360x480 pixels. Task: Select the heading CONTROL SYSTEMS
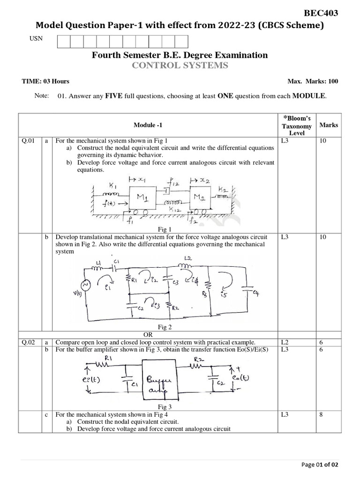pyautogui.click(x=180, y=66)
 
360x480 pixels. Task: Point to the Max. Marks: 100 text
pyautogui.click(x=313, y=82)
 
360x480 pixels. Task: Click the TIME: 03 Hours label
pyautogui.click(x=45, y=82)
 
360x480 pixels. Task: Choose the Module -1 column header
pyautogui.click(x=149, y=125)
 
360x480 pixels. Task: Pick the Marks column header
pyautogui.click(x=328, y=125)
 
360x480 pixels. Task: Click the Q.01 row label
pyautogui.click(x=29, y=140)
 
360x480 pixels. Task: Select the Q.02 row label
pyautogui.click(x=29, y=342)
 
